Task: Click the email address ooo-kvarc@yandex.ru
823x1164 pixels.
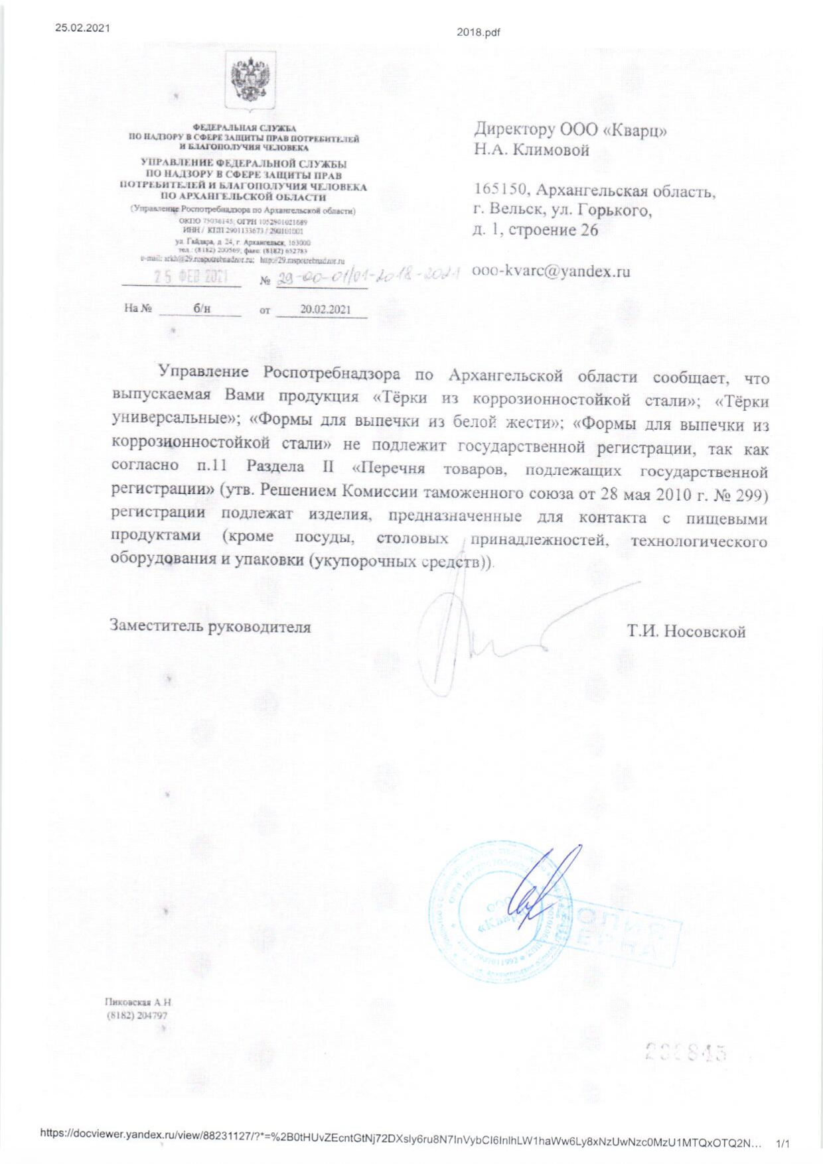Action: pyautogui.click(x=551, y=271)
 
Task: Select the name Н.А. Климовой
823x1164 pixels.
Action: pyautogui.click(x=531, y=150)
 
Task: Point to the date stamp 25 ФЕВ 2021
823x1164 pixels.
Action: pyautogui.click(x=191, y=277)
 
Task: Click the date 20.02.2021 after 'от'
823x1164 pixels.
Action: pyautogui.click(x=325, y=310)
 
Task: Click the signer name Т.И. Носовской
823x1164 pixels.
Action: pyautogui.click(x=686, y=631)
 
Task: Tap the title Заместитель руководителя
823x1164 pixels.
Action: pyautogui.click(x=210, y=627)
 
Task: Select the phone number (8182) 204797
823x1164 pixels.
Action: pyautogui.click(x=137, y=1015)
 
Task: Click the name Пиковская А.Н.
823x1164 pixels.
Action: pyautogui.click(x=138, y=1002)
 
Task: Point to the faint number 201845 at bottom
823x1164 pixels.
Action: pyautogui.click(x=686, y=1052)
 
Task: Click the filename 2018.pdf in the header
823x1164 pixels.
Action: pyautogui.click(x=478, y=32)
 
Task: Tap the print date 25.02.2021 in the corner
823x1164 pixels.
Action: pyautogui.click(x=82, y=28)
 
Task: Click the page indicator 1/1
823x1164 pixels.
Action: pyautogui.click(x=783, y=1143)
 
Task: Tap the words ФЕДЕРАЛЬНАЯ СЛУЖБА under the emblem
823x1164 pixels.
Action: pyautogui.click(x=244, y=128)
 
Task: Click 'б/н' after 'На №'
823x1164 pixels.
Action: pyautogui.click(x=202, y=308)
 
